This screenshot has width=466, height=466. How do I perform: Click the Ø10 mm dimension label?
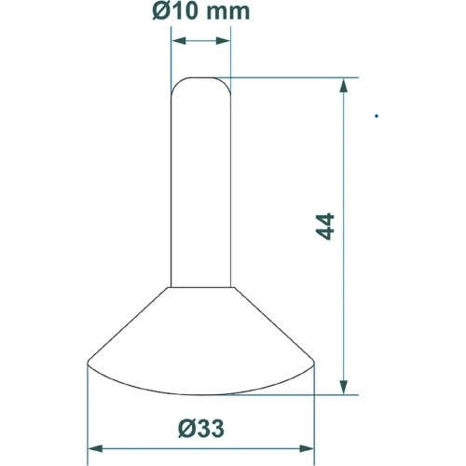(201, 11)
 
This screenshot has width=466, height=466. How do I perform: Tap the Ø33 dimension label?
(201, 429)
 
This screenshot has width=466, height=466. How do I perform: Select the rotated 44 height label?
(325, 226)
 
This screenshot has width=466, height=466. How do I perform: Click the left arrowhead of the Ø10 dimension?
(179, 41)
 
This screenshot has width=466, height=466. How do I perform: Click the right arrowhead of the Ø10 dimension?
(223, 41)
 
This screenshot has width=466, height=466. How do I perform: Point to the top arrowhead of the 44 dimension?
(343, 86)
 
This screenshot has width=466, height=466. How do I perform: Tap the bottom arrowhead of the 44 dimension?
(343, 387)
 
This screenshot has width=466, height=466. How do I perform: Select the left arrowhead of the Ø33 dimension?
(95, 448)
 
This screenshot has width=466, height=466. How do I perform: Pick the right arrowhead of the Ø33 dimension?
(307, 448)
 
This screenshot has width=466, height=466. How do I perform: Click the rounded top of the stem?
(201, 77)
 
